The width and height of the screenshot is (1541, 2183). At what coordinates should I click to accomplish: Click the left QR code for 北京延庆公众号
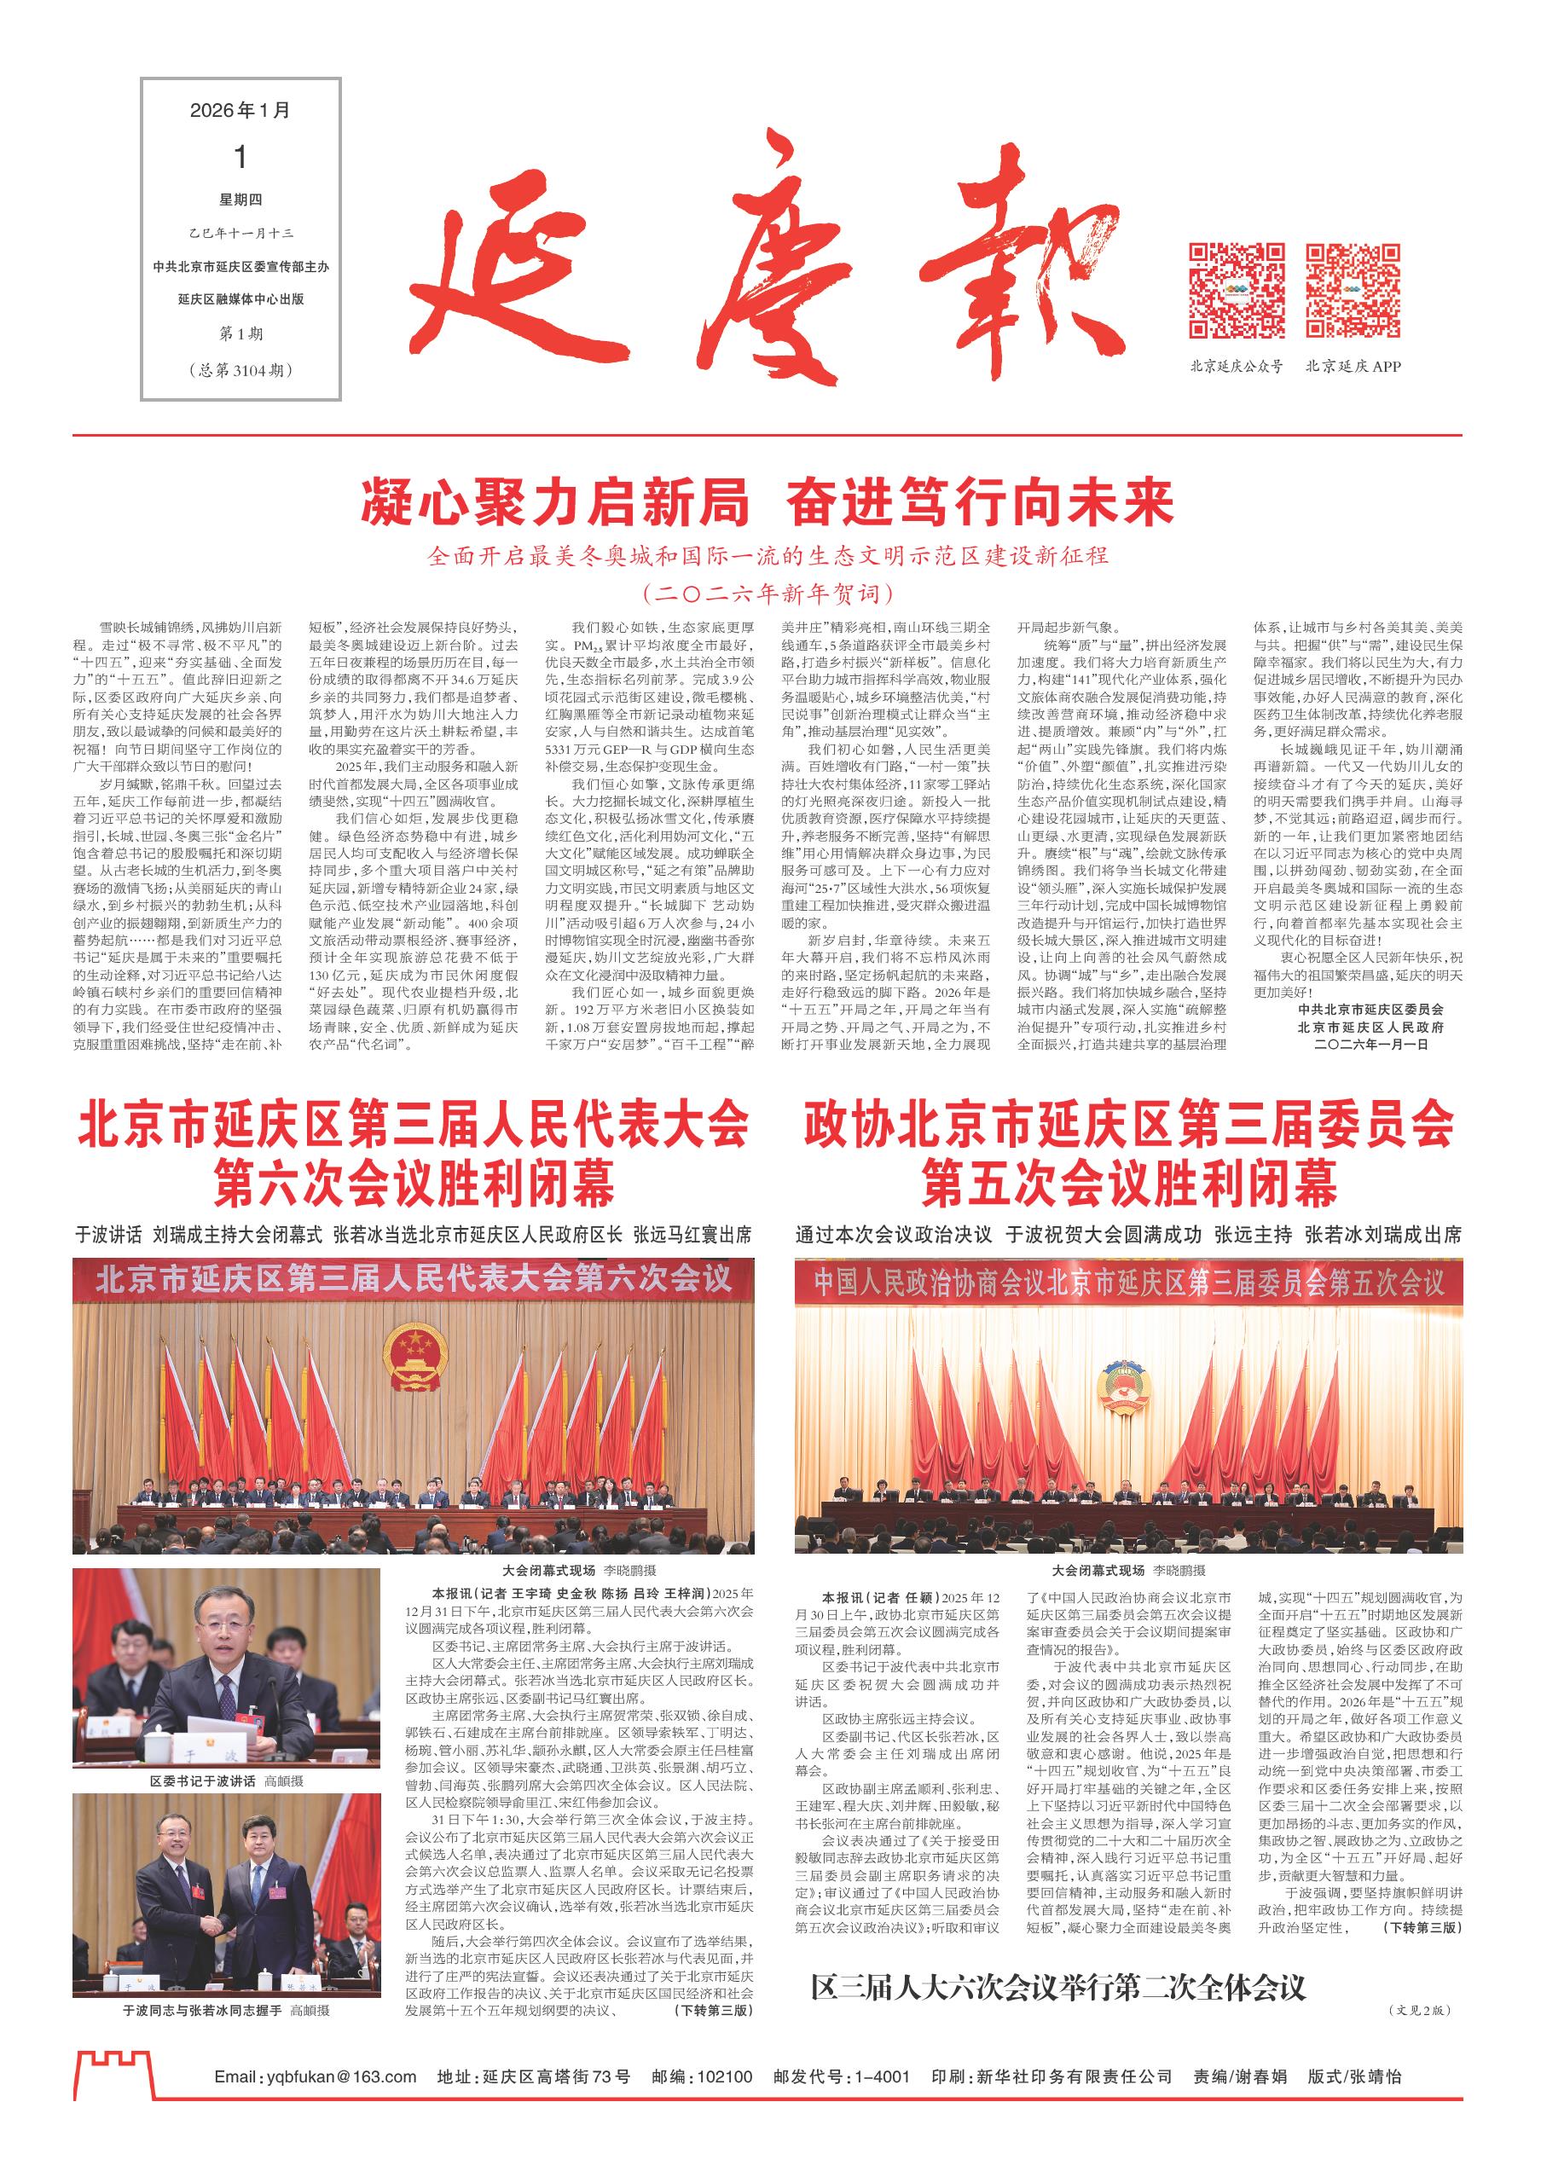point(1237,291)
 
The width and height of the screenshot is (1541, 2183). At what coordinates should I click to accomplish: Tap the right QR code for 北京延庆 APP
point(1352,291)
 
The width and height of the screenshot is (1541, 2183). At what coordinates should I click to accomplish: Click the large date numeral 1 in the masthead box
point(240,156)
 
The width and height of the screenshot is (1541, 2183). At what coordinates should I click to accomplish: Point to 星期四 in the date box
point(240,200)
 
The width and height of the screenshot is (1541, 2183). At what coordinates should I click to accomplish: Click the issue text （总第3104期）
point(240,370)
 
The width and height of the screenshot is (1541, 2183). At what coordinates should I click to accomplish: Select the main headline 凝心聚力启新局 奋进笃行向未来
point(768,504)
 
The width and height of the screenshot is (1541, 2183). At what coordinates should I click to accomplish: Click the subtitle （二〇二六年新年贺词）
point(768,594)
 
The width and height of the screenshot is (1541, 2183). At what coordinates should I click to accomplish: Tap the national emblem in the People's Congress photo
point(414,1358)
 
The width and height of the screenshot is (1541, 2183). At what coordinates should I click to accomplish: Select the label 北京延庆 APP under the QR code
point(1353,366)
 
